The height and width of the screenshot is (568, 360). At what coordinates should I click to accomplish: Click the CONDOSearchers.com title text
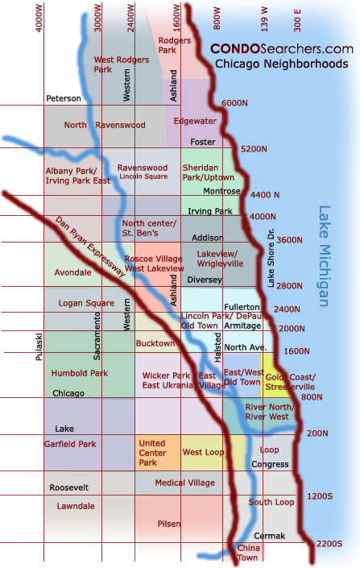tap(282, 49)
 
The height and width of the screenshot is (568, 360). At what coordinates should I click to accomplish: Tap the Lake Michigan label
tap(325, 256)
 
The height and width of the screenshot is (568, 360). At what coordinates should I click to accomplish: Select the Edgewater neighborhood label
tap(195, 121)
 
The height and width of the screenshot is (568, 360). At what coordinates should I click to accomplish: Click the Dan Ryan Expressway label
tap(90, 247)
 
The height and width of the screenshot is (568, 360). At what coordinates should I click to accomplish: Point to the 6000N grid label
tap(234, 103)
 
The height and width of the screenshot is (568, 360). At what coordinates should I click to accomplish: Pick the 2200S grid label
tap(329, 543)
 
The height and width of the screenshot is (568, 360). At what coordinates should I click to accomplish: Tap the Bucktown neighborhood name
tap(155, 344)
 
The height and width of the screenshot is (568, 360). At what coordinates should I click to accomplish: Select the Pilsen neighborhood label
tap(169, 523)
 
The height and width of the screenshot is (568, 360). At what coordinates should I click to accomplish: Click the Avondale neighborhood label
tap(72, 272)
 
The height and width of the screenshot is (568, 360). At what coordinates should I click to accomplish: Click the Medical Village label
tap(184, 483)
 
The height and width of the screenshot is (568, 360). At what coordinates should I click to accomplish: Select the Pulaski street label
tap(38, 346)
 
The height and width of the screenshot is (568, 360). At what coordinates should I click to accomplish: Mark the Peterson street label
tap(64, 98)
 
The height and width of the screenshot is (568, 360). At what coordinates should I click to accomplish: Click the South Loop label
tap(265, 502)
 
